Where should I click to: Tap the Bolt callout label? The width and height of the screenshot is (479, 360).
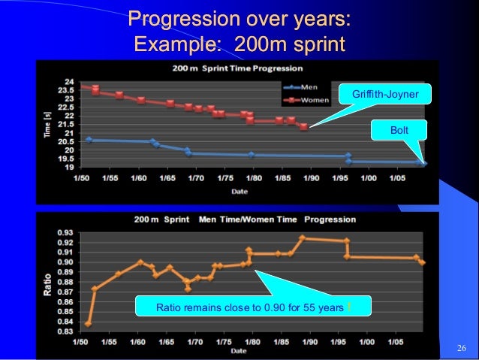(x=398, y=130)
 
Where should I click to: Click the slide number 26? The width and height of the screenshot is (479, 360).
(x=462, y=347)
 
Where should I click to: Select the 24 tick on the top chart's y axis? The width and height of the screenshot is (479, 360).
(x=68, y=82)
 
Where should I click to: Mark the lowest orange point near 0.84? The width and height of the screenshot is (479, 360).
(x=89, y=324)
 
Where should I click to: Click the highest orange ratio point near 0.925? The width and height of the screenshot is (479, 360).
(x=302, y=238)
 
